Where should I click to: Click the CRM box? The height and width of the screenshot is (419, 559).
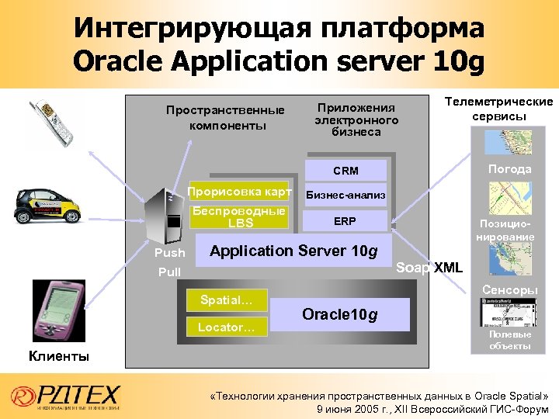(x=345, y=171)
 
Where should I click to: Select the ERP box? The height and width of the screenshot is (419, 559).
(x=345, y=221)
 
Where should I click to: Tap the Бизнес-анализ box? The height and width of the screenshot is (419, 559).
(x=345, y=196)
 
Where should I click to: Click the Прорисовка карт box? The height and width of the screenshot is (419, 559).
(x=240, y=192)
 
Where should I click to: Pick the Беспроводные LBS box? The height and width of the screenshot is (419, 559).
(x=240, y=217)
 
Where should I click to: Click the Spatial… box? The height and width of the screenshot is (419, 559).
(x=226, y=299)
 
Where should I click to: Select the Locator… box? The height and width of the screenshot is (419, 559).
(x=226, y=327)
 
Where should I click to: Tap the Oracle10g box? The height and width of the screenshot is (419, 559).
(x=340, y=314)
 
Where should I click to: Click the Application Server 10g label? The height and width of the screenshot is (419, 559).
(x=293, y=251)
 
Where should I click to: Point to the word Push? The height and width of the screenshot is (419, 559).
(x=170, y=253)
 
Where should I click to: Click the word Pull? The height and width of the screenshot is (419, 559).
(x=169, y=272)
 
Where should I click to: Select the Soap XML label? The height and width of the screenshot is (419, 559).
(x=429, y=268)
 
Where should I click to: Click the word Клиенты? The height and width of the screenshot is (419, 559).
(x=59, y=357)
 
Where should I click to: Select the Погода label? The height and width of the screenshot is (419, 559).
(x=509, y=169)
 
